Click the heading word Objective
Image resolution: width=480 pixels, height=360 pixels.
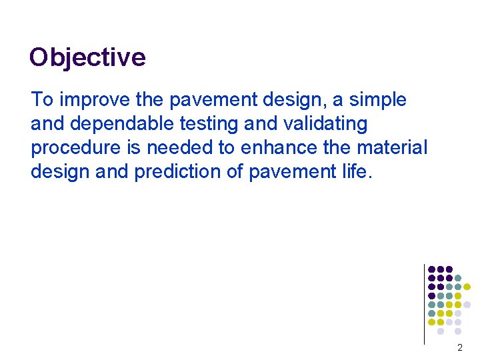[87, 57]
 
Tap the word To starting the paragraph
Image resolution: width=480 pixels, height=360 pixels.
[42, 100]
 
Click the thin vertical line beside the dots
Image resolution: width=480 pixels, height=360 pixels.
[424, 303]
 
